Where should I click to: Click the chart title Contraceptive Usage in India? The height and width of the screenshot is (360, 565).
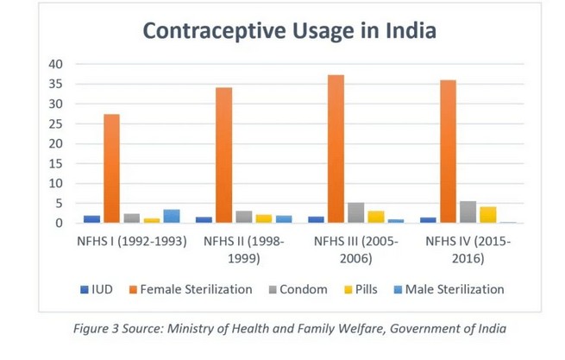[289, 32]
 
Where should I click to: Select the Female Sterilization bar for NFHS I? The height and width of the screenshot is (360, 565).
[112, 168]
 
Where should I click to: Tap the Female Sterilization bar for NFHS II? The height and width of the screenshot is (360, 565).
[224, 155]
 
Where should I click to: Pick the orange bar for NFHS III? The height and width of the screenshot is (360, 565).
[336, 148]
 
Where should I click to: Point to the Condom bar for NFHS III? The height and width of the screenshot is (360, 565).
[356, 213]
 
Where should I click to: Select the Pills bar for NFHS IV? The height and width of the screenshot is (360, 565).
[488, 215]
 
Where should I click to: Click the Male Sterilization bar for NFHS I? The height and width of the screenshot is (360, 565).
[172, 216]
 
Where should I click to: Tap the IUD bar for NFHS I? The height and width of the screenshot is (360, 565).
[92, 219]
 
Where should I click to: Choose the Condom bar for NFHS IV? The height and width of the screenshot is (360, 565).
[468, 212]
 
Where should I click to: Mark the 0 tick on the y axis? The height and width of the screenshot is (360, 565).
[59, 223]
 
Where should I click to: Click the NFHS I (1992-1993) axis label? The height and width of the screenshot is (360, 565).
[132, 241]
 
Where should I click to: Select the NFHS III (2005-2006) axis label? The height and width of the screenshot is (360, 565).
[355, 249]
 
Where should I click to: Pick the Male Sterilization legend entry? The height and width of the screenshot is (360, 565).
[451, 289]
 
